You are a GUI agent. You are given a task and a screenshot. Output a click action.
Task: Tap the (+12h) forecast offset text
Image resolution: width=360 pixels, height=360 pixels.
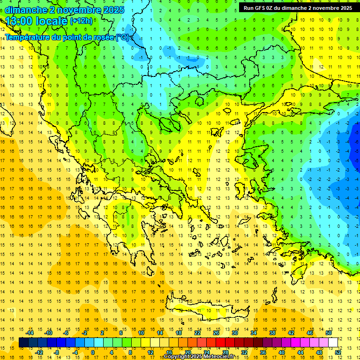(81, 21)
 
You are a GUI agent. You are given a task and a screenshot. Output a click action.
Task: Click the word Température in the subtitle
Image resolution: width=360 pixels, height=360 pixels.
(29, 37)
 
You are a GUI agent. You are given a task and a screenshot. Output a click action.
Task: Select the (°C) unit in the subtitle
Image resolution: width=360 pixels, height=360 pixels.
(123, 37)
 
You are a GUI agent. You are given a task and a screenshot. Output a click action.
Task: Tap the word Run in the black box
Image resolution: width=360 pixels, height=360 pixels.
(249, 8)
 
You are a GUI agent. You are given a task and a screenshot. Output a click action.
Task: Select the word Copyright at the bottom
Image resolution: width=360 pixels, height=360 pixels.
(178, 357)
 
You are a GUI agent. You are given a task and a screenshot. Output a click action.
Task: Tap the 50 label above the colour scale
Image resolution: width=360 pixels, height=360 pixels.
(328, 333)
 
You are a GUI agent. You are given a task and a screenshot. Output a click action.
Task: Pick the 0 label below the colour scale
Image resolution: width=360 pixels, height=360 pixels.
(93, 352)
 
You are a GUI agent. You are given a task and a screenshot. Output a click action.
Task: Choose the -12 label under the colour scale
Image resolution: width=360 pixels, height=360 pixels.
(39, 352)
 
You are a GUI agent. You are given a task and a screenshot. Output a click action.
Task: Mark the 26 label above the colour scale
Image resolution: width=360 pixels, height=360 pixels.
(216, 333)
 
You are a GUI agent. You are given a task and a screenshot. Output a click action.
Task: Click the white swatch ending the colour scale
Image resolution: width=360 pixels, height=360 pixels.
(333, 342)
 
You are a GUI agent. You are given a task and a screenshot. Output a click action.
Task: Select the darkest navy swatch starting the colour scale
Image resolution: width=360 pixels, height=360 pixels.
(23, 342)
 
